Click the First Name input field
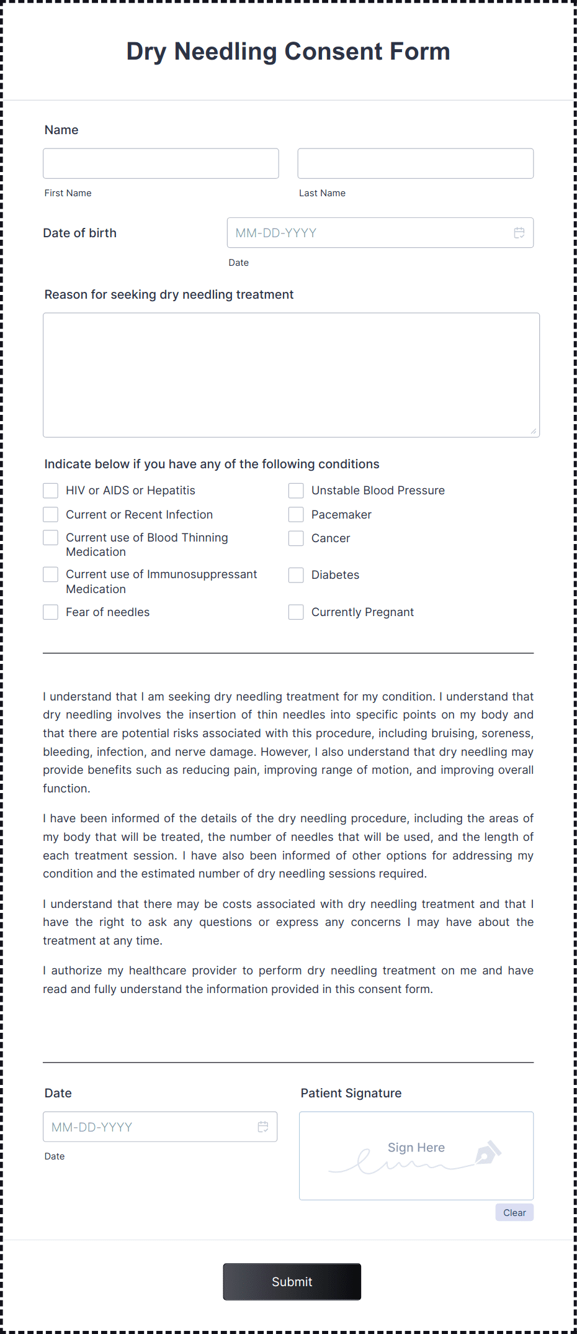tap(161, 163)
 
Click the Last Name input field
tap(415, 163)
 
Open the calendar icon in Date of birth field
tap(519, 233)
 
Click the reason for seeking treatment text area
tap(291, 374)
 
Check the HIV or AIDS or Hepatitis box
tap(51, 491)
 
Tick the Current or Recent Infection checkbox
tap(51, 515)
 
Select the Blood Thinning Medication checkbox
tap(51, 538)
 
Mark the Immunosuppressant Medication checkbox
tap(51, 574)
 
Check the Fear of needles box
tap(51, 612)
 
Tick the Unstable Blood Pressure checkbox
tap(296, 491)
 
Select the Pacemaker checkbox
tap(296, 515)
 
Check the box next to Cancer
tap(296, 538)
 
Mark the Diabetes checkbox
tap(296, 575)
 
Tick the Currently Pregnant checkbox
tap(296, 612)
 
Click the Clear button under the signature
tap(514, 1212)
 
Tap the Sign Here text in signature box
tap(416, 1148)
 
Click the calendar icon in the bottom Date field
tap(263, 1127)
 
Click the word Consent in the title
tap(334, 52)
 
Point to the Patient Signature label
tap(351, 1093)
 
